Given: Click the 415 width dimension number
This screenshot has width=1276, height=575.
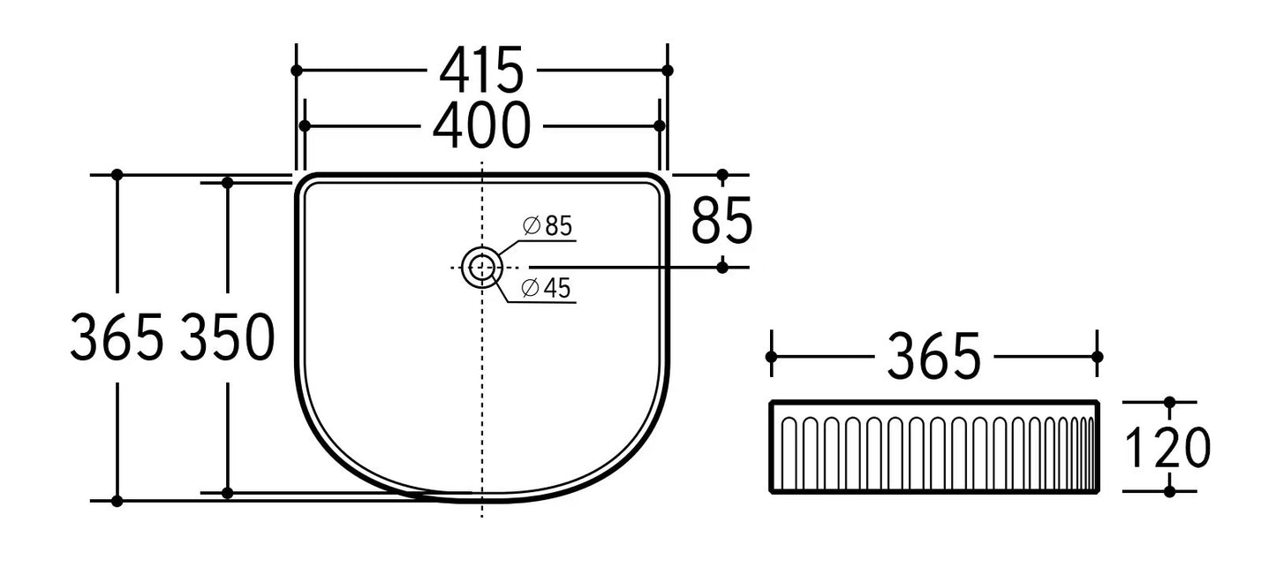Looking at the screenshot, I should (x=481, y=71).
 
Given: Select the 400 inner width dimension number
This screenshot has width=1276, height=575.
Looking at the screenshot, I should (x=481, y=126).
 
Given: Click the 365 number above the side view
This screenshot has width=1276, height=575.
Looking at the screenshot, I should (x=933, y=358).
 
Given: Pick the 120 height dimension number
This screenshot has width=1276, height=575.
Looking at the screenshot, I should (x=1167, y=448).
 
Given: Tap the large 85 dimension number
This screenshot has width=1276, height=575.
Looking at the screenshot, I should (x=721, y=221).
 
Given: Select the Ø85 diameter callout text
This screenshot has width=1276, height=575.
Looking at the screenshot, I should (x=547, y=226).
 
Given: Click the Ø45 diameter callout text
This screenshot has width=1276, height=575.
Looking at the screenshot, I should (x=546, y=288).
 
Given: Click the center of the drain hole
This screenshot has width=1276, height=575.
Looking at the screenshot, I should (x=481, y=267).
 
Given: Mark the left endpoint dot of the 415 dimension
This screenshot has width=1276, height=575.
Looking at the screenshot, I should (x=297, y=70).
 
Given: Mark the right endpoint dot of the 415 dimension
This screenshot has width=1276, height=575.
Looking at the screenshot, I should (x=668, y=70).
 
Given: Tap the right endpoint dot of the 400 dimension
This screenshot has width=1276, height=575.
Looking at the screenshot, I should (x=659, y=126).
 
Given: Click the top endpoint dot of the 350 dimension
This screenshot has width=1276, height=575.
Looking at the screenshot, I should (x=227, y=183).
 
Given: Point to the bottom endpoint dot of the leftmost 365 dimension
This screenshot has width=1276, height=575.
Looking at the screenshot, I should (x=117, y=501).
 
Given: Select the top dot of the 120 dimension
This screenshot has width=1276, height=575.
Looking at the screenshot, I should (x=1169, y=402).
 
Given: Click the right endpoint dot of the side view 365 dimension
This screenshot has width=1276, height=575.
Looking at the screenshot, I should (x=1098, y=357).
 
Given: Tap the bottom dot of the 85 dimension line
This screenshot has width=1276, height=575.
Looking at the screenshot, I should (x=722, y=267).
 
